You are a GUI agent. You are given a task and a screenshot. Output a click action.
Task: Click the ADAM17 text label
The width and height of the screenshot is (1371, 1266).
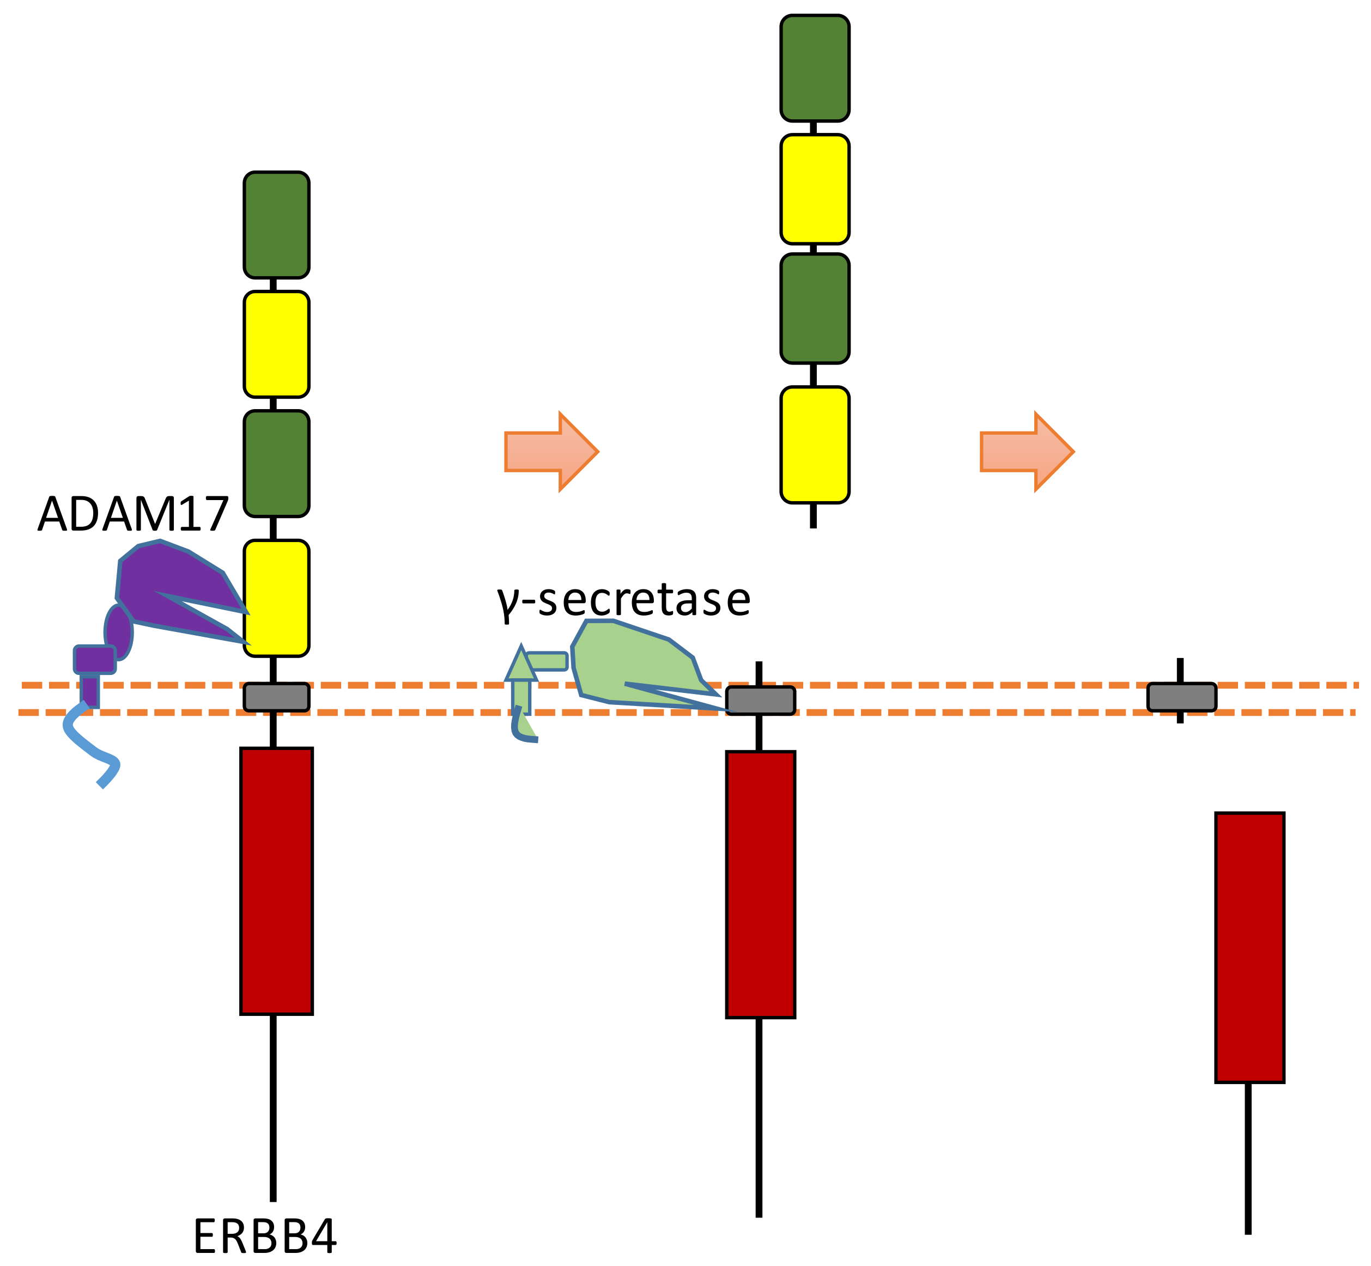132,514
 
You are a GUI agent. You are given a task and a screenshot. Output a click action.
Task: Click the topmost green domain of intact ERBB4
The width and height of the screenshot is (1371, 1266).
276,224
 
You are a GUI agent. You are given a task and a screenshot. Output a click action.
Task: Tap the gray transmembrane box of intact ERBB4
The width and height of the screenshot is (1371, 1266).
276,697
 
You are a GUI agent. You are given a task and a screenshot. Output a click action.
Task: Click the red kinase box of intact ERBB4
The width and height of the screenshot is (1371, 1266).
276,880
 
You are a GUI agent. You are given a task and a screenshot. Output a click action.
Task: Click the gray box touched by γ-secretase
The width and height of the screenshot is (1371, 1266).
761,701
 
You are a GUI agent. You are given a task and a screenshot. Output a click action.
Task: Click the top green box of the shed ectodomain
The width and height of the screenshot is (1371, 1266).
815,68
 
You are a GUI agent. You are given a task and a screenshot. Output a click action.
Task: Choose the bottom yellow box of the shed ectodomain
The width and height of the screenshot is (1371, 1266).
815,445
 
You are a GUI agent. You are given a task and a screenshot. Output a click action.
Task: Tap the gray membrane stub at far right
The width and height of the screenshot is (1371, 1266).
1182,697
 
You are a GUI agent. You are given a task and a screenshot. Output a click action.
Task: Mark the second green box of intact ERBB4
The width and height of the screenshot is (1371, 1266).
276,464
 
